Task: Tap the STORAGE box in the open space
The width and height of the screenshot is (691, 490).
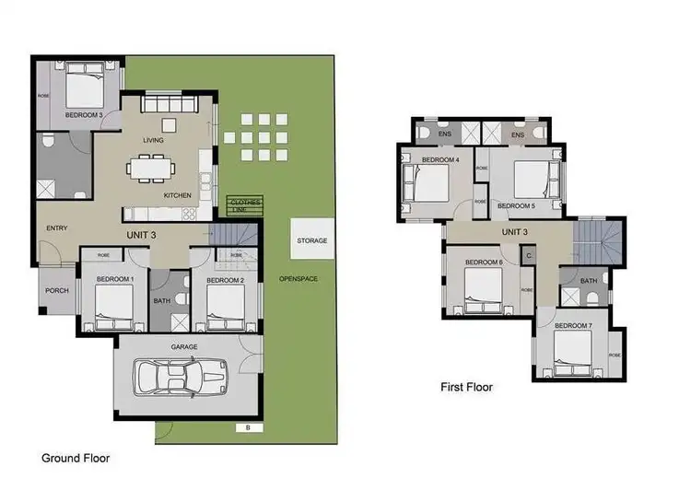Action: click(311, 240)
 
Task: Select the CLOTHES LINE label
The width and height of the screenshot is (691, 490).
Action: click(245, 204)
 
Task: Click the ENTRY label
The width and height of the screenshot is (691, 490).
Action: click(57, 229)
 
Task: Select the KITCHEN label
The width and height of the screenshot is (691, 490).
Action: click(177, 195)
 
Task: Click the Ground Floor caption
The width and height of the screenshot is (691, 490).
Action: click(77, 457)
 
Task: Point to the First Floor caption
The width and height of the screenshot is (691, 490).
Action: click(466, 388)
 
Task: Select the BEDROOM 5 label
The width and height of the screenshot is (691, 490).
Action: click(515, 205)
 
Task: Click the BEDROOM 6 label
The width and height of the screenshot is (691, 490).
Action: click(484, 262)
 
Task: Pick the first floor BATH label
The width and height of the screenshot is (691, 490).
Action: click(589, 280)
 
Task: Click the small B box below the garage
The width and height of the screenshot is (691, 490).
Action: click(247, 427)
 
